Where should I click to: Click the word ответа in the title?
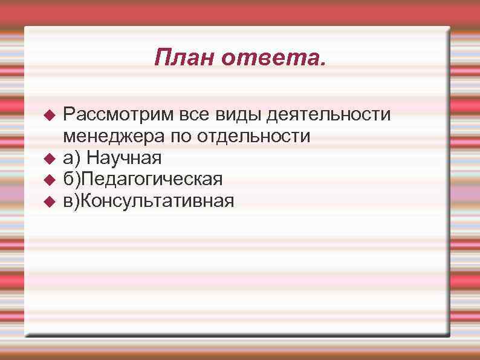(273, 58)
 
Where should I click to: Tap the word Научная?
(125, 158)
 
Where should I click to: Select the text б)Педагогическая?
(143, 179)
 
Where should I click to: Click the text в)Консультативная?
(148, 200)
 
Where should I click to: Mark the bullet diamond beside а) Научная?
(50, 158)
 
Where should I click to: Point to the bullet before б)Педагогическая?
(50, 179)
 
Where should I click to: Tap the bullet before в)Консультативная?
(50, 200)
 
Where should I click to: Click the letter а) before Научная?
(72, 158)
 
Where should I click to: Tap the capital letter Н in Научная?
(93, 158)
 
